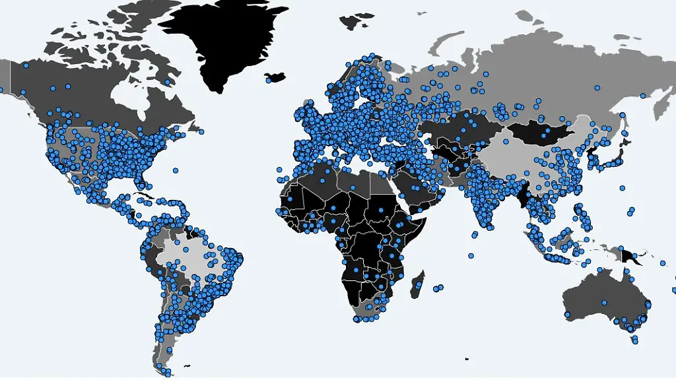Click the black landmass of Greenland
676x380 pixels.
(x=224, y=40)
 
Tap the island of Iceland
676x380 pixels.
(x=277, y=77)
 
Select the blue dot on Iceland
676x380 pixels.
(x=269, y=80)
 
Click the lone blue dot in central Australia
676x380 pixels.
(x=603, y=303)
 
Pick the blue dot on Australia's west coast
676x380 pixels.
(x=567, y=314)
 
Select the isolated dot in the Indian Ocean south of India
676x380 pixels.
(x=471, y=255)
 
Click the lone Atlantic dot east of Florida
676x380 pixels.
(x=175, y=170)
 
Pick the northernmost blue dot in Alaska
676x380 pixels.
(x=26, y=65)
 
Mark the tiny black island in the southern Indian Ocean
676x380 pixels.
(x=467, y=359)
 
